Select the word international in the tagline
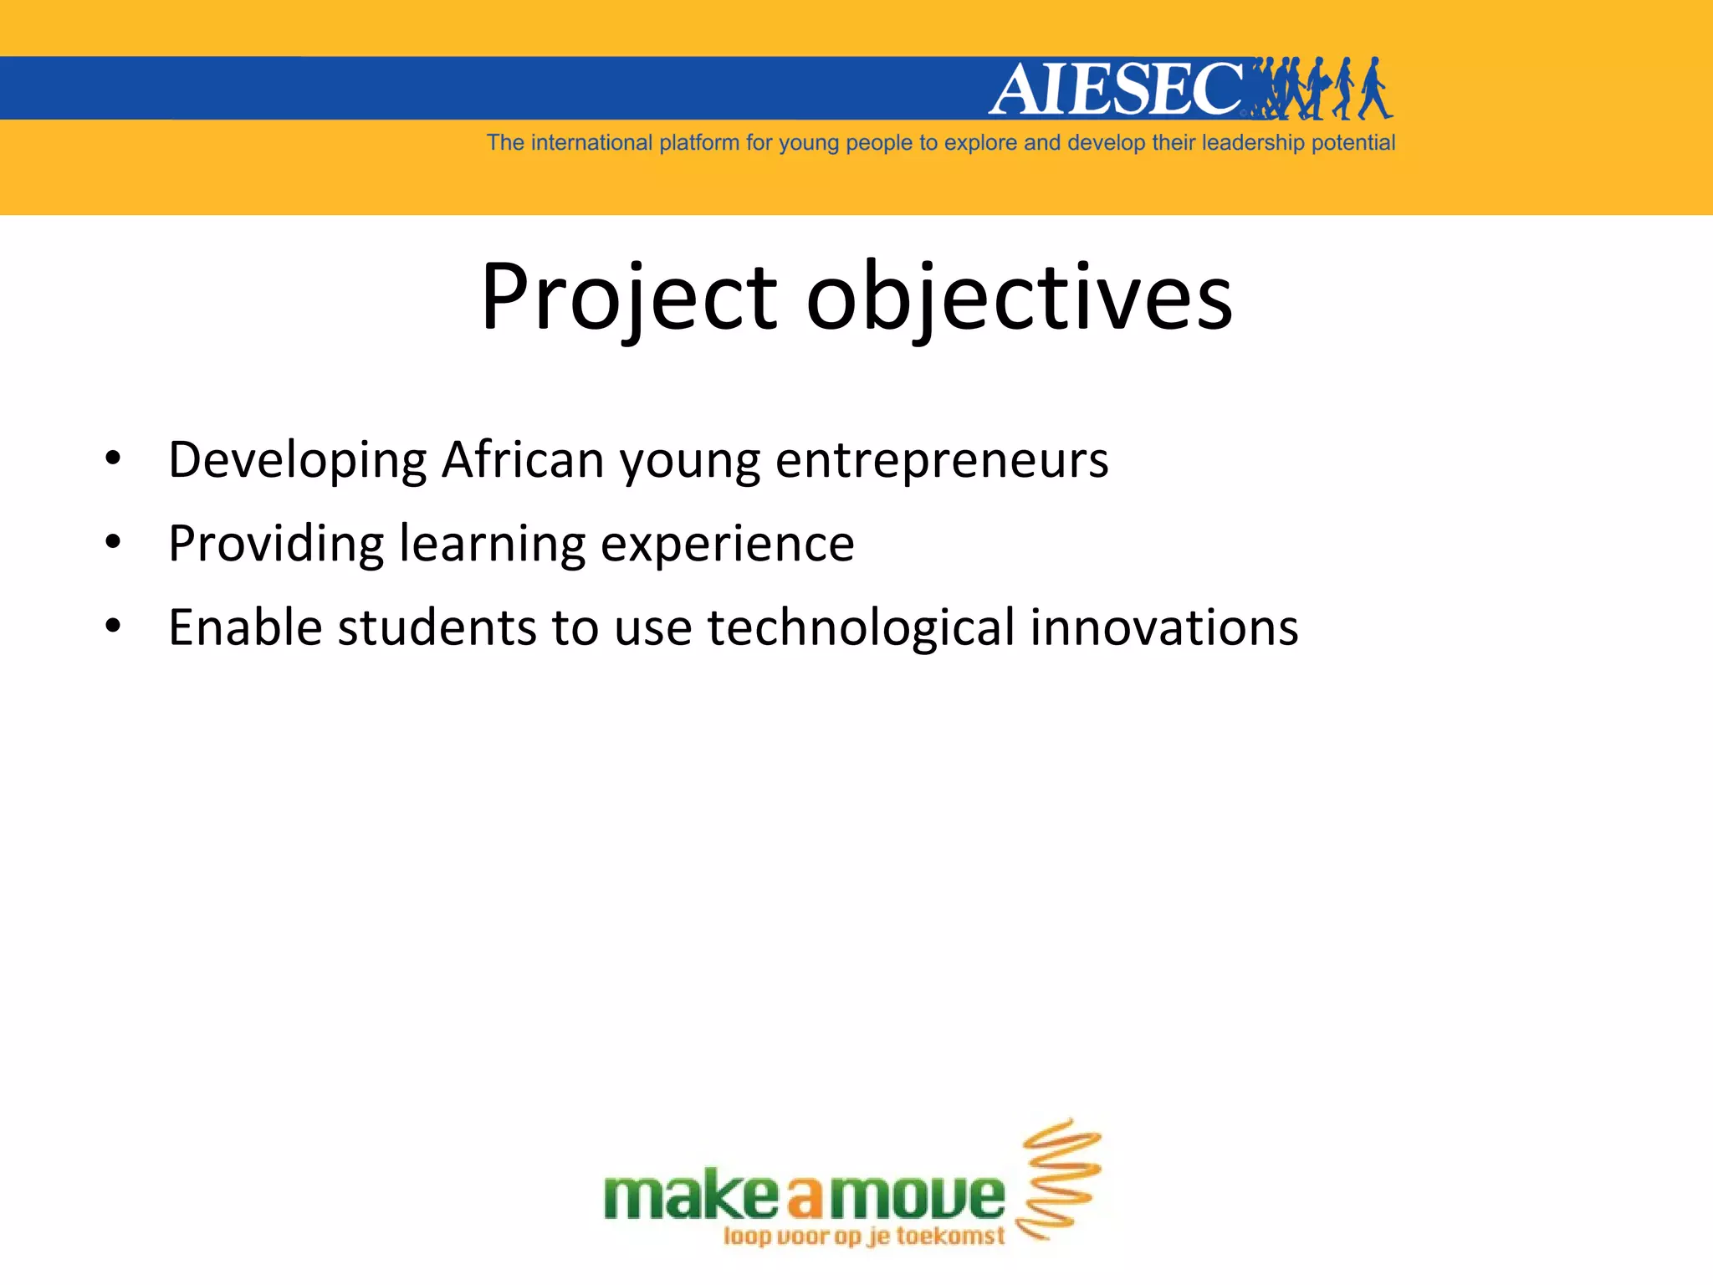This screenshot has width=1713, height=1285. point(591,143)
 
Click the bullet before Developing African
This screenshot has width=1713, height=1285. point(114,459)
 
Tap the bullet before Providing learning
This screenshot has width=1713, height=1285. point(114,543)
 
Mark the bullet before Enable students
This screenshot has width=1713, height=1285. point(114,627)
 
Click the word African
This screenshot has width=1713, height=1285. point(523,459)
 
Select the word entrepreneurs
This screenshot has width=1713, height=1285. point(942,461)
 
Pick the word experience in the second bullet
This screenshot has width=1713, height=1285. point(728,545)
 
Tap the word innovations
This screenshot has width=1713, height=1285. point(1163,627)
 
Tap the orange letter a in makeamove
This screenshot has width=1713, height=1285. point(805,1198)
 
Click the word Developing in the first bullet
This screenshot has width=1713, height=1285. point(298,461)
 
